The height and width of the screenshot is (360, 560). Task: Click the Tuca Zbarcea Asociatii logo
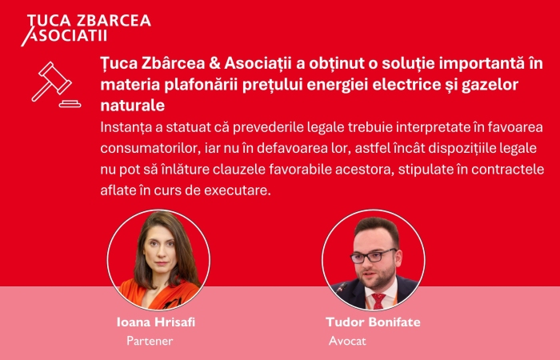(86, 30)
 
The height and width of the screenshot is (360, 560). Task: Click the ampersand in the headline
(214, 63)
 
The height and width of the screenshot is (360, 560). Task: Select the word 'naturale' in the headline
(133, 106)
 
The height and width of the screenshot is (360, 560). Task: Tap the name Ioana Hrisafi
(156, 322)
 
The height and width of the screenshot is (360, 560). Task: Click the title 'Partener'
(150, 341)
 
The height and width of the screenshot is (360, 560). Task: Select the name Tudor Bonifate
(374, 322)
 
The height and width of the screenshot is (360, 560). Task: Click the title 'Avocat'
(347, 341)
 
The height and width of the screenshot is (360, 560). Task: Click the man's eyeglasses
(374, 256)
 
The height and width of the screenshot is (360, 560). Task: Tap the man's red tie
(378, 301)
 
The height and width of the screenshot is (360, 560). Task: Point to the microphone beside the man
(342, 287)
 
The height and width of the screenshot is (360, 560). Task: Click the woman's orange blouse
(159, 294)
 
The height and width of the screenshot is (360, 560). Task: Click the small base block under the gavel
(70, 104)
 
